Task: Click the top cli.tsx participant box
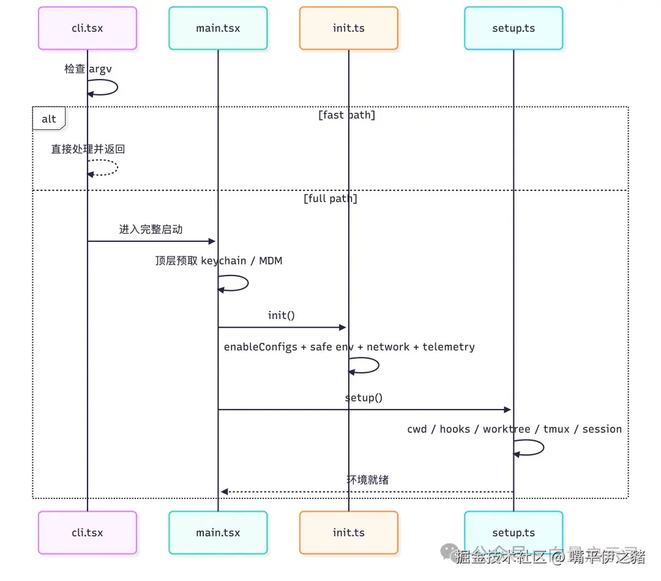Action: [87, 28]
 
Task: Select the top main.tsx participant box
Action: [218, 28]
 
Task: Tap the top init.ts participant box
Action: [348, 28]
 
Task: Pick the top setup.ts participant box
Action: [513, 28]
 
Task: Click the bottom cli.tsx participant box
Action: [87, 533]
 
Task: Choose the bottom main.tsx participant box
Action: [218, 533]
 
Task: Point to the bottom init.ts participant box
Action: [348, 533]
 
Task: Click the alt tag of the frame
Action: [49, 119]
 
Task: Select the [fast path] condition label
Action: [346, 115]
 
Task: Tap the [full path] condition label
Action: [330, 198]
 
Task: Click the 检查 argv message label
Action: [88, 69]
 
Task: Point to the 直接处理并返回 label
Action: [88, 149]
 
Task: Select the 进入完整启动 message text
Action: [151, 230]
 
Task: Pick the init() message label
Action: [282, 315]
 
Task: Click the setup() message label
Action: [364, 398]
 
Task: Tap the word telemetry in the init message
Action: [449, 347]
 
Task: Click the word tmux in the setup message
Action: [556, 429]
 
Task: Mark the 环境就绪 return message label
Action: [367, 480]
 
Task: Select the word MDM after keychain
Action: [271, 261]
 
